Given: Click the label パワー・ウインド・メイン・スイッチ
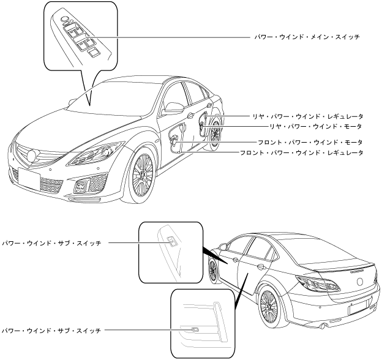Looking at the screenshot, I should click(307, 37).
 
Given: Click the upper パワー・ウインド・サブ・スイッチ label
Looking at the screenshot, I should click(54, 242).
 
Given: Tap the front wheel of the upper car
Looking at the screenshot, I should click(143, 176).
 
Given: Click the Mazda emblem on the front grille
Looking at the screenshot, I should click(30, 155).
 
